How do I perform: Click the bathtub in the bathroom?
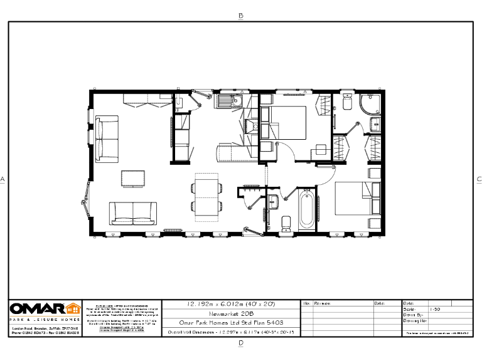point(307,211)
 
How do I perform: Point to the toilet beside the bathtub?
point(286,222)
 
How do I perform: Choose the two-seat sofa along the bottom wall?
point(132,213)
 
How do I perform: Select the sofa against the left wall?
point(107,137)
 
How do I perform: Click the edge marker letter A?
point(3,179)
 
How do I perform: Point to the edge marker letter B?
point(240,16)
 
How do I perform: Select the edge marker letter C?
point(478,179)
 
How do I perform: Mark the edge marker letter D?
point(240,343)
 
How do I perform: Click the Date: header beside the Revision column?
point(379,303)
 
